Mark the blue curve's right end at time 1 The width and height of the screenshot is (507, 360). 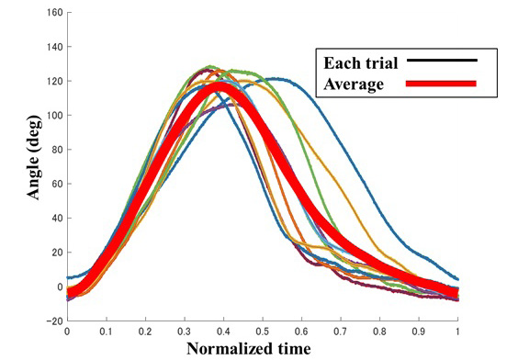[456, 278]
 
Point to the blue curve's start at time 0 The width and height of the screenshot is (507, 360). [68, 277]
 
